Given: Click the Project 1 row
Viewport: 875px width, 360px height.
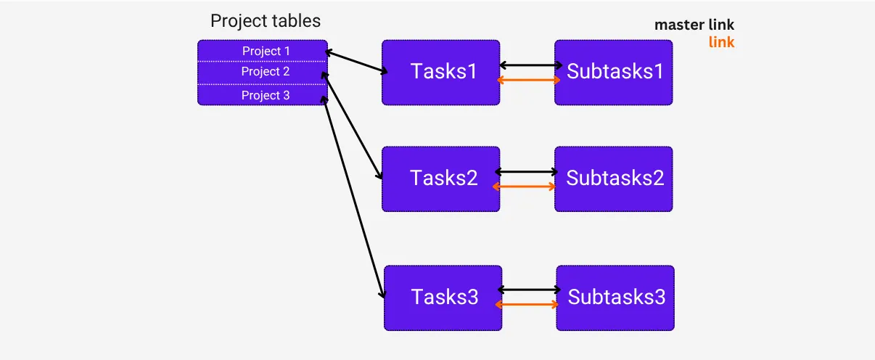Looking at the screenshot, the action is [x=263, y=51].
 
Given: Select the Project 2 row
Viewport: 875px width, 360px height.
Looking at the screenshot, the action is [x=263, y=73].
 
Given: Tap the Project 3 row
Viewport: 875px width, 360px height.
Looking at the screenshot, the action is [x=263, y=95].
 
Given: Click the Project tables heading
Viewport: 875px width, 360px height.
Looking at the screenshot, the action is [x=266, y=21].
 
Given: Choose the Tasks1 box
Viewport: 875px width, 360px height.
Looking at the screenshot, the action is [x=441, y=73].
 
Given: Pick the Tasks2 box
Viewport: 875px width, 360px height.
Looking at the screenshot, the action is [x=441, y=179].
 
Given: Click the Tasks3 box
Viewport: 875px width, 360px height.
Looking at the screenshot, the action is [x=443, y=298].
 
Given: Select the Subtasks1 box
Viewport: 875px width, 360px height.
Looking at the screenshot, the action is [x=614, y=73].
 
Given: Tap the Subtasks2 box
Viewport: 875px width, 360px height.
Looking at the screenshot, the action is [x=614, y=179].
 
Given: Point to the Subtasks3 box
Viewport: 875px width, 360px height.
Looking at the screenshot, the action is [x=615, y=298].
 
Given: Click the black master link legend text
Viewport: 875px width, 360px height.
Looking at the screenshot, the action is [x=694, y=25].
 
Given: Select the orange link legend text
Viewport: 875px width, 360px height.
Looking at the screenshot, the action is [x=721, y=42].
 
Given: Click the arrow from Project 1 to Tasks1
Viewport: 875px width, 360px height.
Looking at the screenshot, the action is [x=356, y=62].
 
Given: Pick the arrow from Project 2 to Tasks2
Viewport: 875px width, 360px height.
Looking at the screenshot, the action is [x=352, y=126].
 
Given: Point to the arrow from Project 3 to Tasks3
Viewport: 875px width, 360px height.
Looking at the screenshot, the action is [x=353, y=197].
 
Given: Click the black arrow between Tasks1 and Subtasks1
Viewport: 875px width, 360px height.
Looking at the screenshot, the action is [x=531, y=65].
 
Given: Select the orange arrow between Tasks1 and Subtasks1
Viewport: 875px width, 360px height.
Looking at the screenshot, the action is [x=528, y=80].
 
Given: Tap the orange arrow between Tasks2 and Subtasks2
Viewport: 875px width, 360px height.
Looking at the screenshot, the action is [x=524, y=187].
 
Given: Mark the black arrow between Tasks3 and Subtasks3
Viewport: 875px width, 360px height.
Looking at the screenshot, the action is [x=530, y=290].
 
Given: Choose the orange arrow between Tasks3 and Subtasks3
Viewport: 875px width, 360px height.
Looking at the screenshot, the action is [x=527, y=305].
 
